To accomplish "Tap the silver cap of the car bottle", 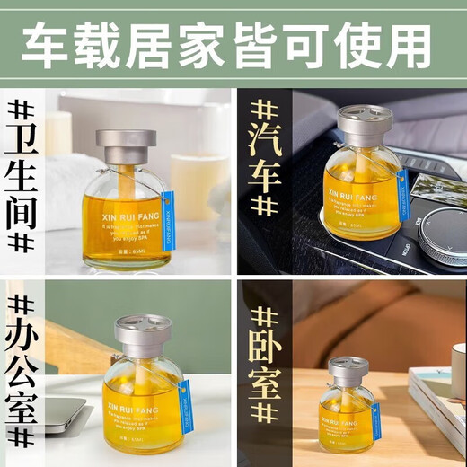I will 364,120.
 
